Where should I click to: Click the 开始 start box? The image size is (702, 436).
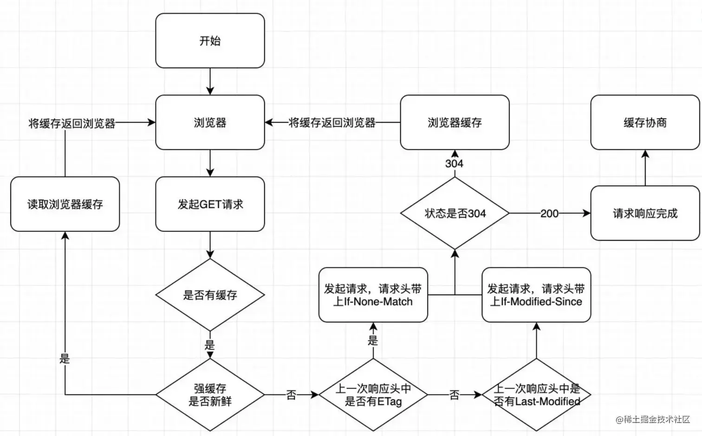[210, 40]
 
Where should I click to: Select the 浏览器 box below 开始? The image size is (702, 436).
[210, 122]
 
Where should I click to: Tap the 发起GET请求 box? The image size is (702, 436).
[210, 204]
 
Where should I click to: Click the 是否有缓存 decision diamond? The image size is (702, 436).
[210, 295]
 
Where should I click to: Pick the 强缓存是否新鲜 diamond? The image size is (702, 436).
[210, 395]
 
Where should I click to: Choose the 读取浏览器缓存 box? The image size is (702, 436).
[65, 204]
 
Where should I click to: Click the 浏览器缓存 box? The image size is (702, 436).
[455, 122]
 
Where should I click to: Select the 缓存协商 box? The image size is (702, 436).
[645, 122]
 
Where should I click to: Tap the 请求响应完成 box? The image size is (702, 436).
[645, 213]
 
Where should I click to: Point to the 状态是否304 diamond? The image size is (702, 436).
[455, 213]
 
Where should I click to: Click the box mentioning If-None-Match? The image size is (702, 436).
[373, 295]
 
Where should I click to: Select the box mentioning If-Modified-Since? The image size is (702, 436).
[536, 295]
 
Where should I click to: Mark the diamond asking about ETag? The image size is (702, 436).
[373, 395]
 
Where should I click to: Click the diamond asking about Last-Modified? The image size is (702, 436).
[536, 395]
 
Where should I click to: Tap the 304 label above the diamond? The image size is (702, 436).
[455, 164]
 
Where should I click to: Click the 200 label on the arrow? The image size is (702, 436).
[549, 214]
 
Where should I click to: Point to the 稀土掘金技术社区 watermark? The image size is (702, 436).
[653, 419]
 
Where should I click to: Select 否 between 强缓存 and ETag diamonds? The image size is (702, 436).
[291, 395]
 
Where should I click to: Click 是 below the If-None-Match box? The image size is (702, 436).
[373, 340]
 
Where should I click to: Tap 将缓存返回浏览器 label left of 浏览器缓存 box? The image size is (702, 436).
[332, 123]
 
